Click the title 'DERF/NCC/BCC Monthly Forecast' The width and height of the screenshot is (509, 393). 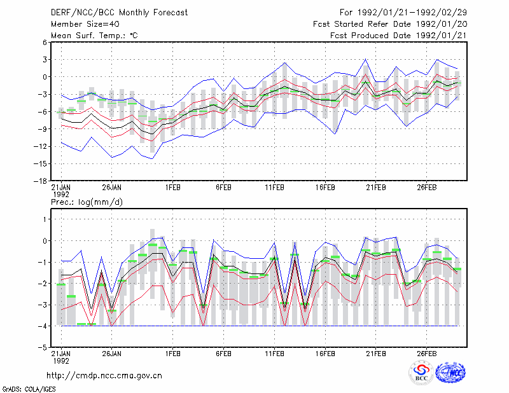(119, 13)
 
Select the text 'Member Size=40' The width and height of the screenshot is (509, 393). (85, 24)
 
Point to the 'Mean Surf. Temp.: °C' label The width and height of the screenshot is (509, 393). (94, 36)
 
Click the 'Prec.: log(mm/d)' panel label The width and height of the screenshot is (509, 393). (87, 202)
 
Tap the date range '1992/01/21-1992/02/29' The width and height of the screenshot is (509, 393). (412, 13)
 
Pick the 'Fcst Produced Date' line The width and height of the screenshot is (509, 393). (399, 36)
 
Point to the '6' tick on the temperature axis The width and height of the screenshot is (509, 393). (45, 42)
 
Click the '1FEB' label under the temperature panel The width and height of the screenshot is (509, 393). (172, 188)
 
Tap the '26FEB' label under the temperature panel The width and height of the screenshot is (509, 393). (426, 188)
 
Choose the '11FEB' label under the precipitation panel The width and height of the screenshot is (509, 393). (274, 354)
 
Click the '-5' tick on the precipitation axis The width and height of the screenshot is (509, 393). (43, 347)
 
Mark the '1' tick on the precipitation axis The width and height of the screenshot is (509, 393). (45, 219)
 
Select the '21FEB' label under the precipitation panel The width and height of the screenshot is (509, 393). (376, 354)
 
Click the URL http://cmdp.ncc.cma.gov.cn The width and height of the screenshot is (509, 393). (104, 376)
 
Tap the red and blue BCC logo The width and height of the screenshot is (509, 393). (421, 373)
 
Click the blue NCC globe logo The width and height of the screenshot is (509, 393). (450, 373)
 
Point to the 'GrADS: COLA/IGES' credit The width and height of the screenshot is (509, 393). (29, 389)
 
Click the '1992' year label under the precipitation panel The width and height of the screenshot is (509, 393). (61, 361)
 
